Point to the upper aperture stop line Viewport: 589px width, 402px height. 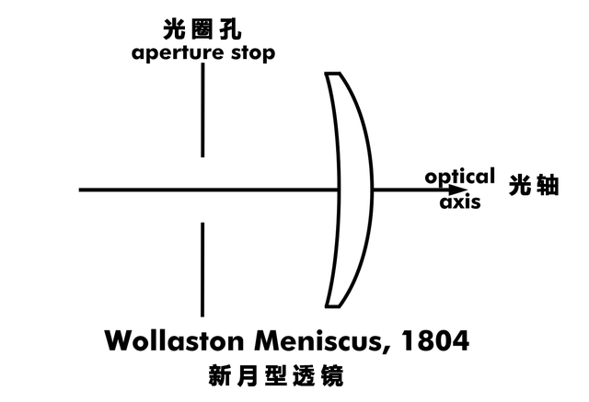[202, 110]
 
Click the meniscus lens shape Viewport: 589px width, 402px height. [355, 190]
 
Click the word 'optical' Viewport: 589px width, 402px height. [459, 175]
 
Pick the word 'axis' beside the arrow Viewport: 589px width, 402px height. [459, 203]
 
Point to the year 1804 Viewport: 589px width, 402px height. [440, 341]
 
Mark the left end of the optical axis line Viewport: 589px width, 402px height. [81, 190]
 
